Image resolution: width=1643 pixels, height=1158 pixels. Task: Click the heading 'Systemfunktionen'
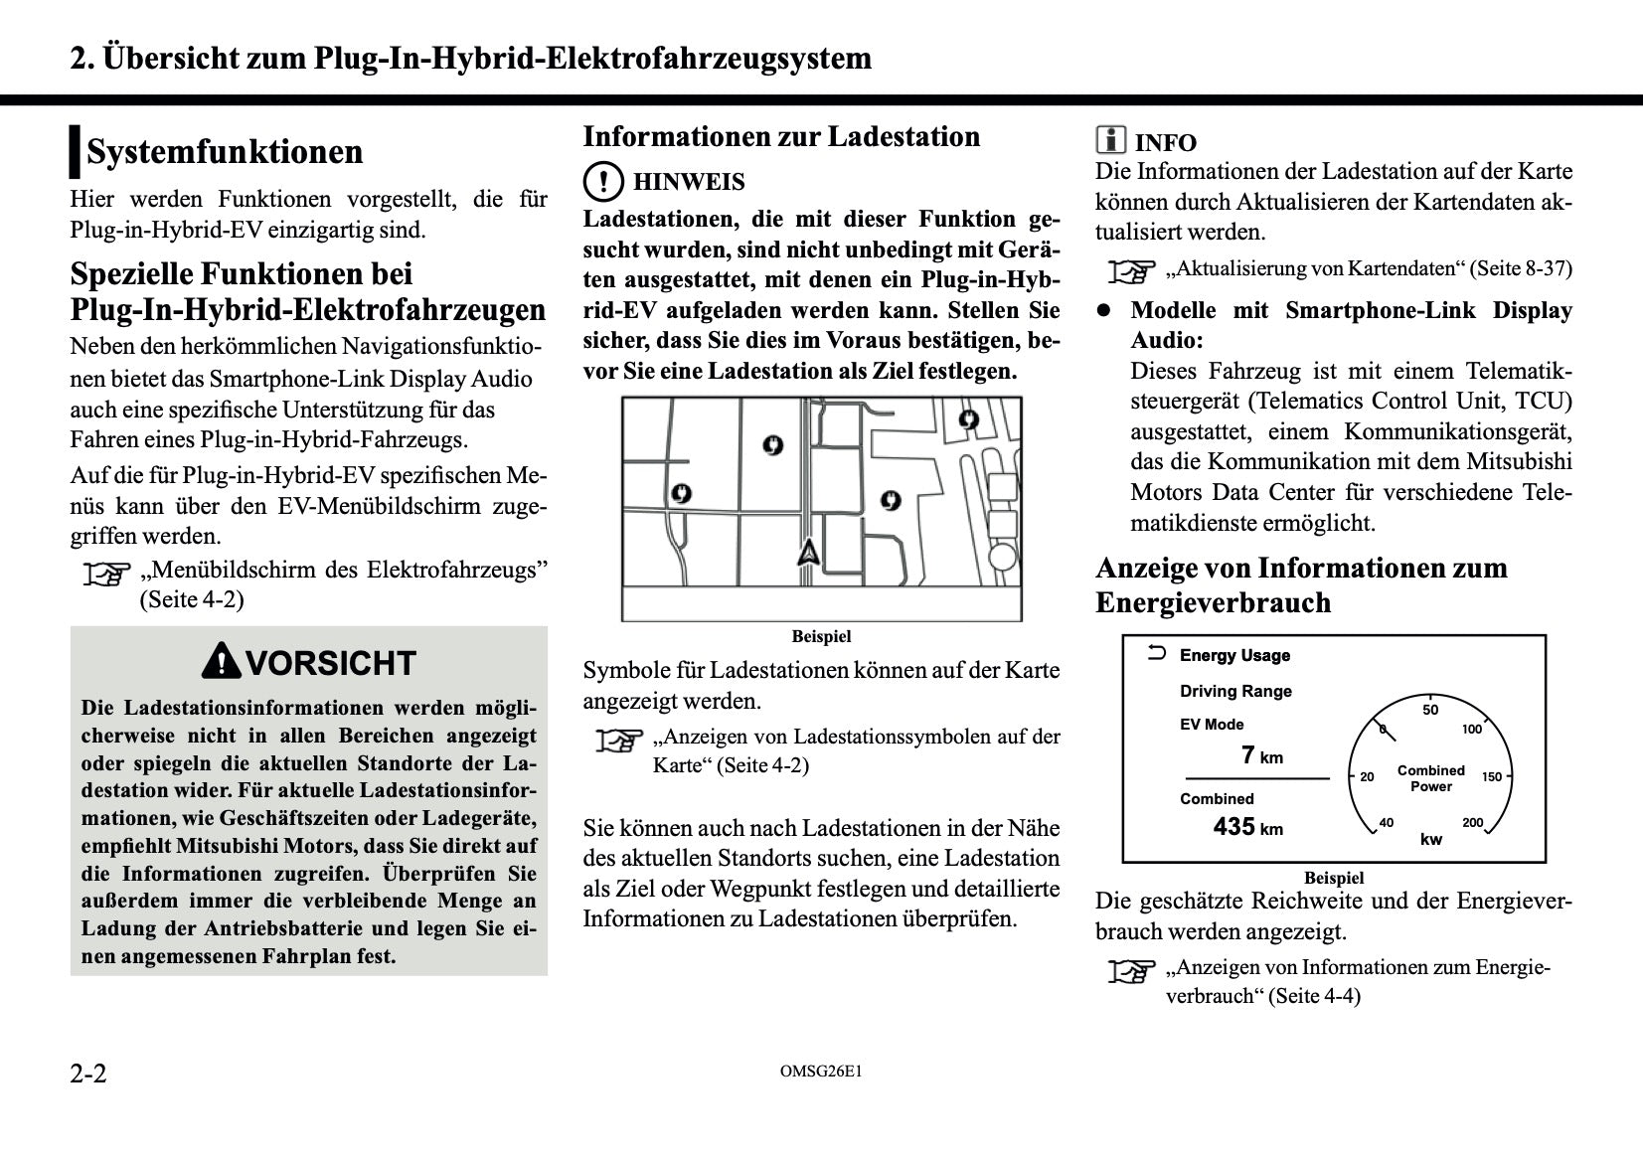[x=225, y=152]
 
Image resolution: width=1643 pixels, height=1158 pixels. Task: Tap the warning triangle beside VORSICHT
[x=221, y=662]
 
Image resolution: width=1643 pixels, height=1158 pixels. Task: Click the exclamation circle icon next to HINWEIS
[x=602, y=182]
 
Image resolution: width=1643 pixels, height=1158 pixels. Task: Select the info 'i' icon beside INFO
[x=1110, y=140]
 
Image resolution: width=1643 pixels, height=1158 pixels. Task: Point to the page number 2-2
[x=88, y=1074]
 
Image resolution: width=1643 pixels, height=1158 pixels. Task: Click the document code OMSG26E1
[x=821, y=1072]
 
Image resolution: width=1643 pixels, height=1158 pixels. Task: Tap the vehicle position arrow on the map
[x=808, y=552]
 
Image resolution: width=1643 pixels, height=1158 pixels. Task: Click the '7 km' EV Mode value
[x=1261, y=756]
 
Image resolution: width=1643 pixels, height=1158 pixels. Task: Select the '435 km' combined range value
[x=1247, y=827]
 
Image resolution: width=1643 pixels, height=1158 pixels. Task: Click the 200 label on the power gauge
[x=1472, y=823]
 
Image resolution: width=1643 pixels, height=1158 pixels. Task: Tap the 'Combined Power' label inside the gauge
[x=1431, y=778]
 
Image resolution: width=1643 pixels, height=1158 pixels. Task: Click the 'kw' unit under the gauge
[x=1431, y=840]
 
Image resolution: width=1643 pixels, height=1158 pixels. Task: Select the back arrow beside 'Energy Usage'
[x=1156, y=654]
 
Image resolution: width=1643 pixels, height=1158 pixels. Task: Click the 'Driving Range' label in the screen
[x=1235, y=692]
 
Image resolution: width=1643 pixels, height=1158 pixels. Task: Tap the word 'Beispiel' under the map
[x=821, y=636]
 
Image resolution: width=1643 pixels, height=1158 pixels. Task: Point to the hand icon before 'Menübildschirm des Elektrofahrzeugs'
[x=106, y=574]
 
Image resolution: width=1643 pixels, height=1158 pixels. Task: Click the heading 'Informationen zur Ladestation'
[x=781, y=137]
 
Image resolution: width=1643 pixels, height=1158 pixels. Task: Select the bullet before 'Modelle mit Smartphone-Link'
[x=1102, y=310]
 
